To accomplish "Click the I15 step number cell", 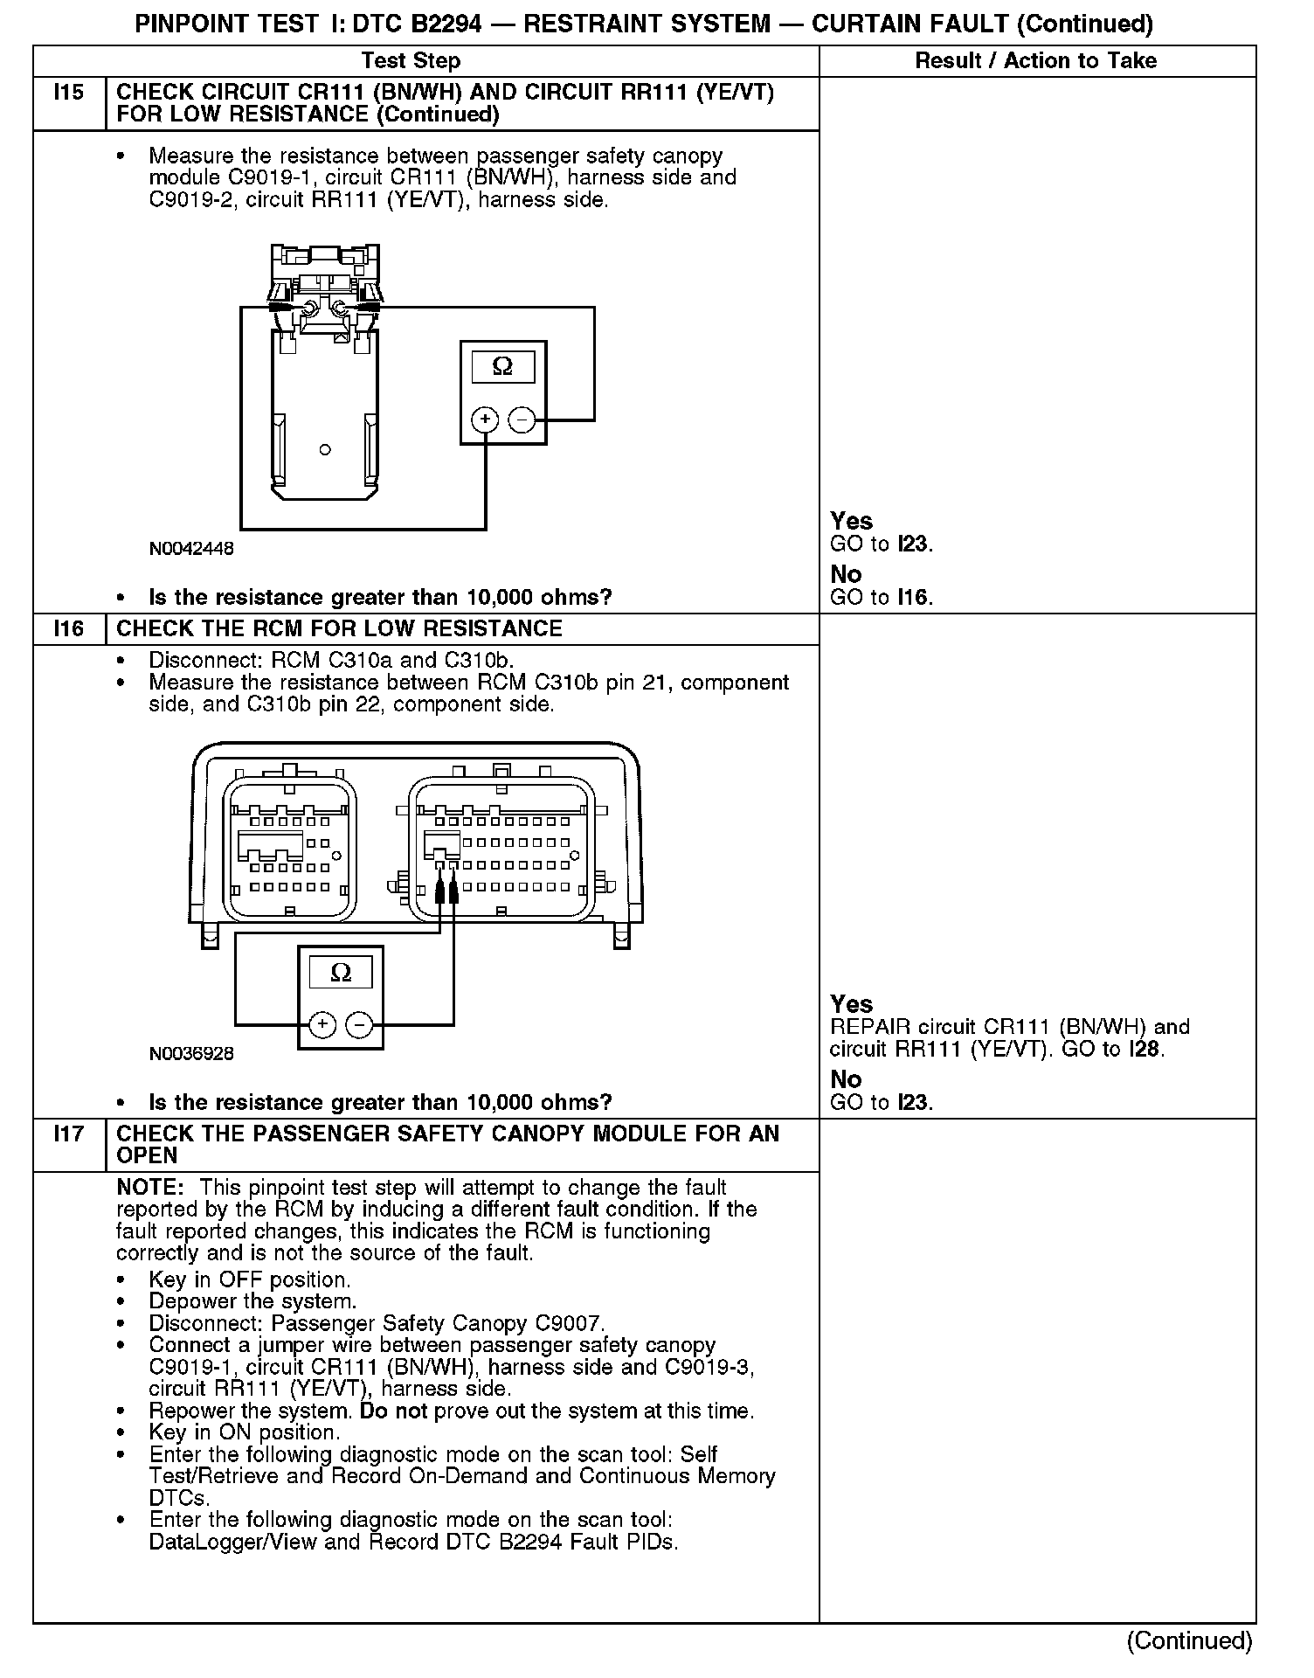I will coord(69,93).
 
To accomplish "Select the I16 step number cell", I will coord(69,628).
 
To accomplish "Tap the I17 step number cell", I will coord(69,1134).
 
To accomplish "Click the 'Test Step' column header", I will coord(411,60).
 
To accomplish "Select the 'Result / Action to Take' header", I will coord(1035,60).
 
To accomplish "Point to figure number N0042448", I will coord(191,549).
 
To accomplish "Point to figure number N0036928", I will coord(191,1054).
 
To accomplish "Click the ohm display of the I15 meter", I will coord(503,366).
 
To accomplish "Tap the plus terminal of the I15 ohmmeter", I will coord(485,420).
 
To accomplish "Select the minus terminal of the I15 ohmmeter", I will coord(522,420).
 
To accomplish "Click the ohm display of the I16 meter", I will coord(341,972).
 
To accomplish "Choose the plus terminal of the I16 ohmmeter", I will coord(322,1025).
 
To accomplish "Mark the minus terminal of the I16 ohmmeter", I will coord(359,1025).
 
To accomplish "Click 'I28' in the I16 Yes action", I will coord(1145,1049).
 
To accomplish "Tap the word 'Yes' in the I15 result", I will coord(851,522).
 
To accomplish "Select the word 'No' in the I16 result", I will coord(846,1079).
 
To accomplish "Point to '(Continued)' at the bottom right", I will coord(1189,1640).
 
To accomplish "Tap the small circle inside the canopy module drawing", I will coord(325,450).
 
